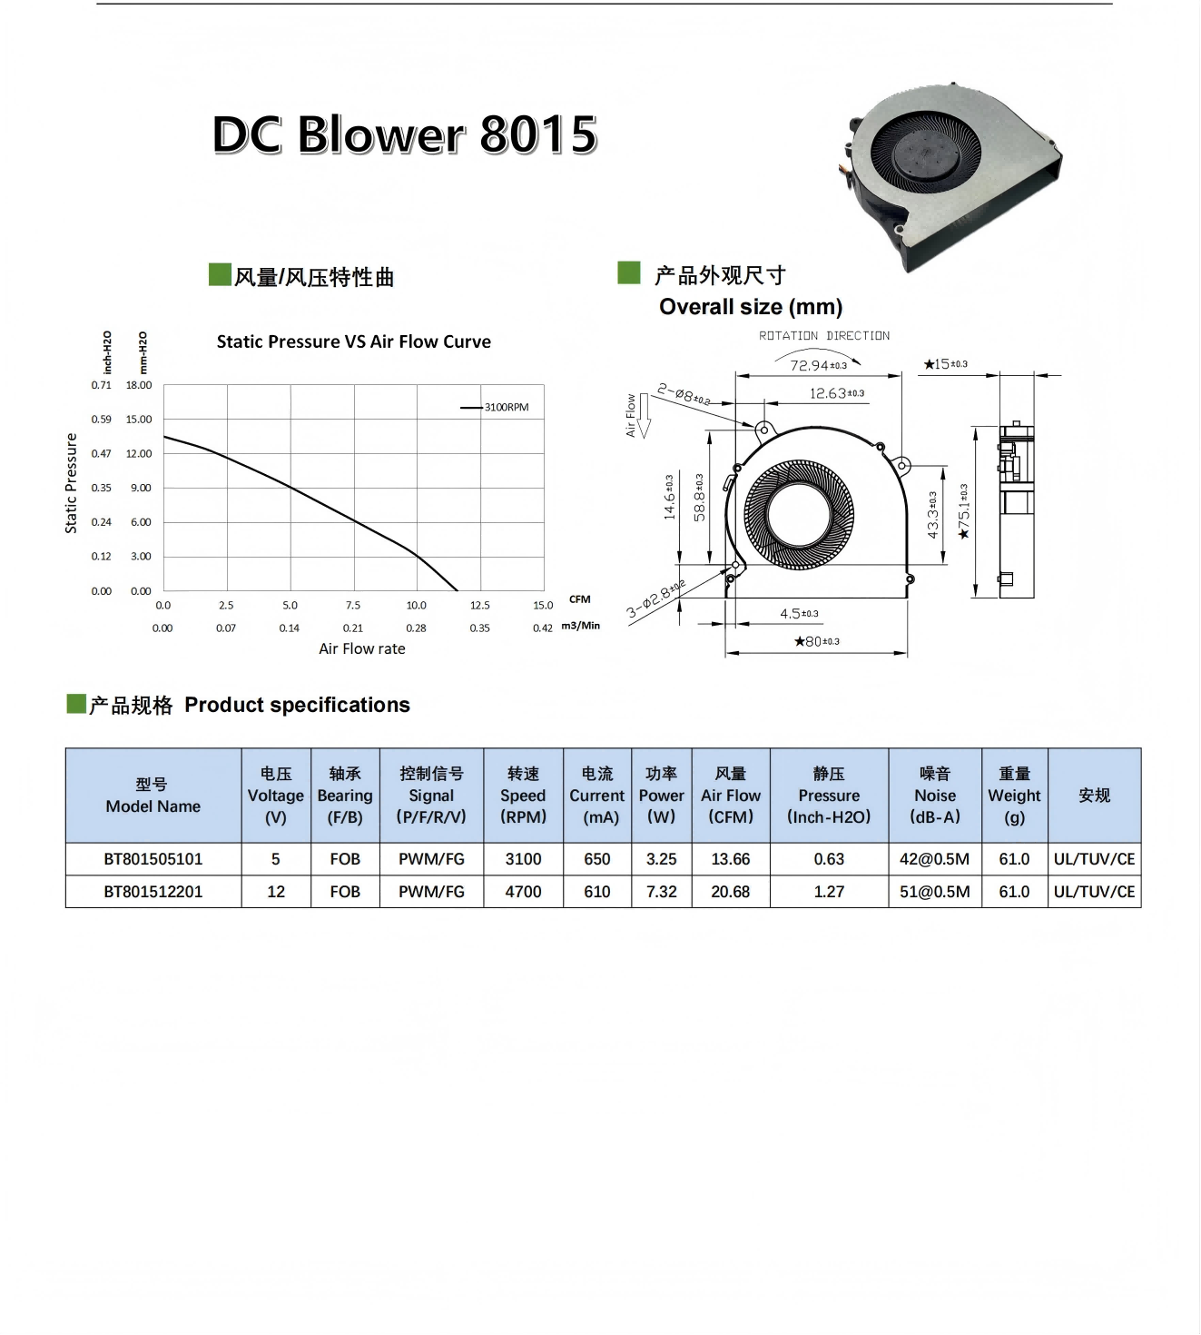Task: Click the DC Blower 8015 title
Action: pyautogui.click(x=405, y=134)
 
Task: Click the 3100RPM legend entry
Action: pyautogui.click(x=495, y=407)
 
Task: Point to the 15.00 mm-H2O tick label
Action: pyautogui.click(x=139, y=420)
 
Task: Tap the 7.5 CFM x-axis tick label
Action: pyautogui.click(x=353, y=605)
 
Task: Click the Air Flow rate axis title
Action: pyautogui.click(x=362, y=648)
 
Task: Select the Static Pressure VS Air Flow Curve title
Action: pyautogui.click(x=354, y=341)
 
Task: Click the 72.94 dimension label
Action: pyautogui.click(x=819, y=365)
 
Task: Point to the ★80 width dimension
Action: pyautogui.click(x=817, y=641)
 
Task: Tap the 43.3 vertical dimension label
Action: pyautogui.click(x=933, y=515)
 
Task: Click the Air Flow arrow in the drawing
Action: pyautogui.click(x=645, y=416)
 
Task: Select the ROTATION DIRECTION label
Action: pyautogui.click(x=824, y=336)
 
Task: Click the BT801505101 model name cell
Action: pyautogui.click(x=153, y=859)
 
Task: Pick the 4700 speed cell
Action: pyautogui.click(x=524, y=892)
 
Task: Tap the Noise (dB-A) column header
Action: pyautogui.click(x=935, y=796)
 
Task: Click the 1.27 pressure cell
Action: pyautogui.click(x=829, y=892)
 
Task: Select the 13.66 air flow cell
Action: pyautogui.click(x=731, y=859)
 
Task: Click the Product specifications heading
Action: pyautogui.click(x=298, y=705)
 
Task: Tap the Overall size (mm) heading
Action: pyautogui.click(x=751, y=307)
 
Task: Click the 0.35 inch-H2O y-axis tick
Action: pyautogui.click(x=101, y=488)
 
